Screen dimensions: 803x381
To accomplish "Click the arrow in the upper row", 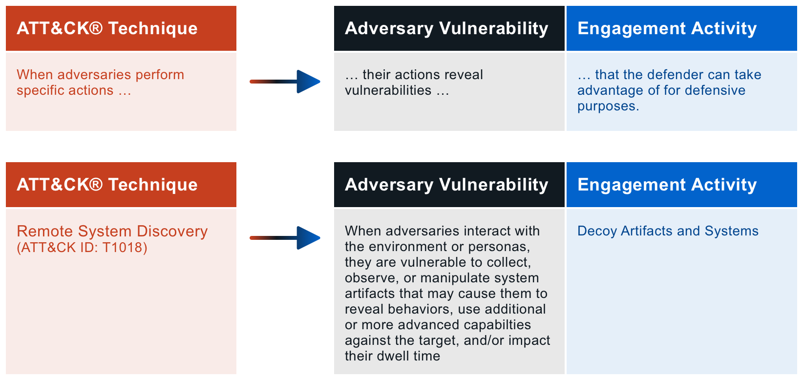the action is [285, 82].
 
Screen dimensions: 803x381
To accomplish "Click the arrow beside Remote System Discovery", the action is [285, 238].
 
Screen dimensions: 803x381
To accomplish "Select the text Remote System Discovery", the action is [112, 232].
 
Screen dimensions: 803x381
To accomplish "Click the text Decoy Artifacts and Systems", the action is [668, 231].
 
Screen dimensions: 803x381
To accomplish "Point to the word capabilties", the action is [496, 325].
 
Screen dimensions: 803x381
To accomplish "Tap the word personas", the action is [498, 247].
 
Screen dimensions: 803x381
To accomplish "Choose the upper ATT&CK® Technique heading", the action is [107, 28].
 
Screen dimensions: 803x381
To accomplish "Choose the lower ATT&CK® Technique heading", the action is [107, 185].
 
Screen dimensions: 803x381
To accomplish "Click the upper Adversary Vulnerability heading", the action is [446, 28].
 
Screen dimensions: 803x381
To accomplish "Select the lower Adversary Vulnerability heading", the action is [446, 185].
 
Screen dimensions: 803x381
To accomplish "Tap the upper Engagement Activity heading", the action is [667, 28].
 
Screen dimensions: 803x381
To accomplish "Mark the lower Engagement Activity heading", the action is [667, 185].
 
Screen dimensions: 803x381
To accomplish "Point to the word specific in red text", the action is [40, 91].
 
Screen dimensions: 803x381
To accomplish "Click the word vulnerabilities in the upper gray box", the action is [388, 90].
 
